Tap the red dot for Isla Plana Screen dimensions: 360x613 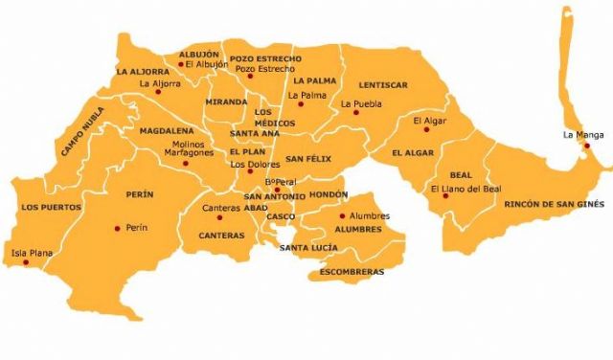(26, 261)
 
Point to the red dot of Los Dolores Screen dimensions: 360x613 (250, 173)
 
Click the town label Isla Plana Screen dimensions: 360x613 (30, 253)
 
